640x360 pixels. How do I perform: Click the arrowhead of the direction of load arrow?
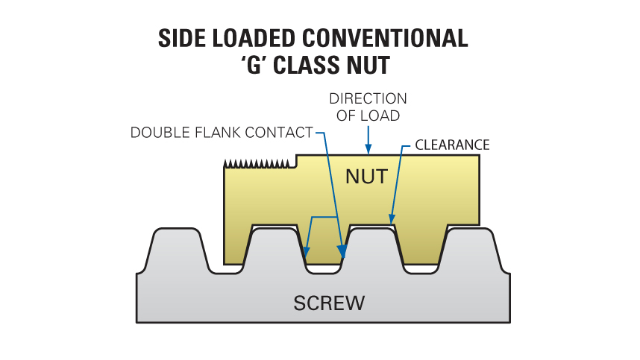367,149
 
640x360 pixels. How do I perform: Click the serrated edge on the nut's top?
257,162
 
